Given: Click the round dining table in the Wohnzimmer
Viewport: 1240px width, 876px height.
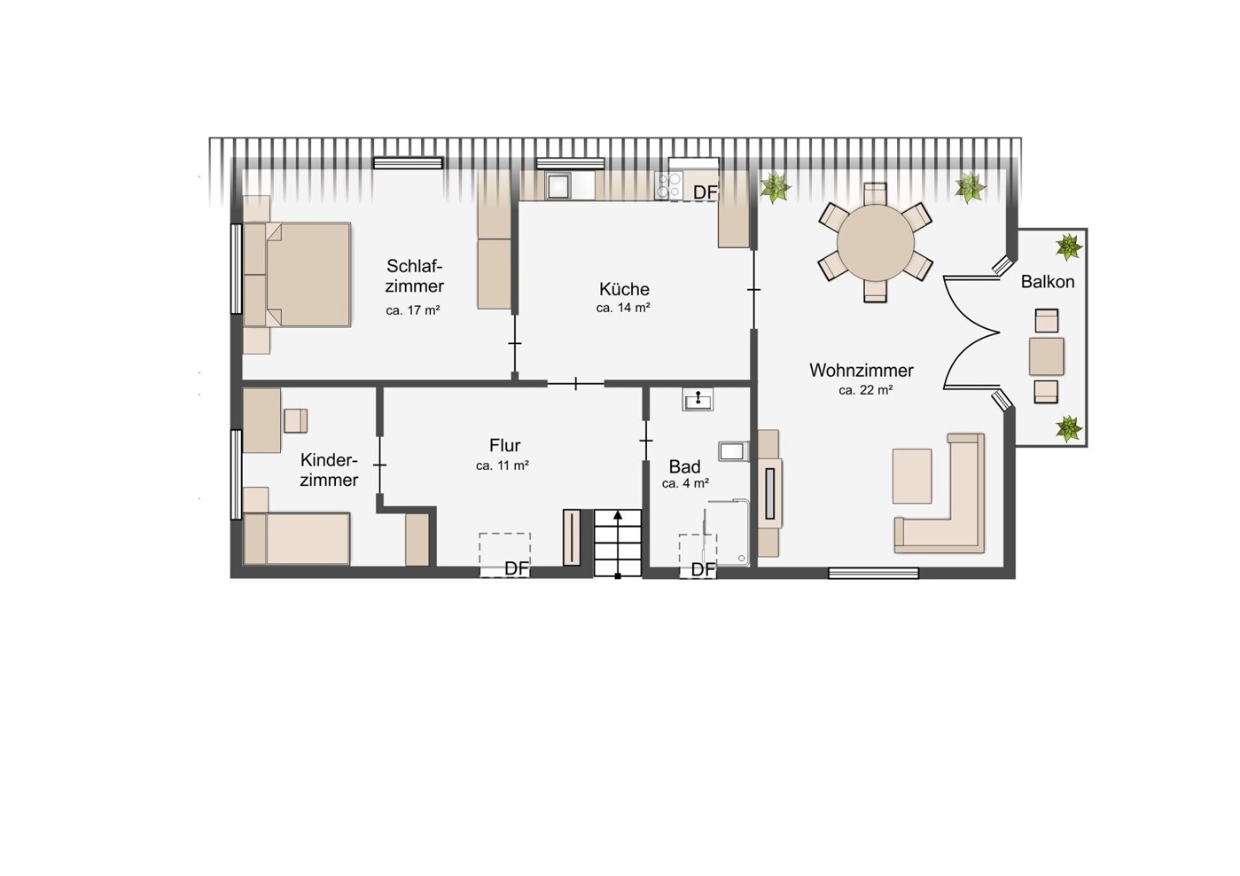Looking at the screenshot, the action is [875, 243].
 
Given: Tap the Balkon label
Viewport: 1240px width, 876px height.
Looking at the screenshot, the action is [1048, 282].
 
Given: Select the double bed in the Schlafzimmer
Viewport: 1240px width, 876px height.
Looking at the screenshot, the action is [297, 275].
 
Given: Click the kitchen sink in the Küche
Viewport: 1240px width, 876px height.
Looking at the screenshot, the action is [558, 185].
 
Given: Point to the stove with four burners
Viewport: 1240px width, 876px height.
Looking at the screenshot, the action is [668, 185].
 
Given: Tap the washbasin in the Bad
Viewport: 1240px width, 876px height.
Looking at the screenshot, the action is [698, 399].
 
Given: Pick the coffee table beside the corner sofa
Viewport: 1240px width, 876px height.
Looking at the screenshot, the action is [912, 476].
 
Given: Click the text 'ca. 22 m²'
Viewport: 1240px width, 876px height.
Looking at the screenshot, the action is [865, 390].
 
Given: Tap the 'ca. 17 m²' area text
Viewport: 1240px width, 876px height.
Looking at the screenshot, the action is [412, 310].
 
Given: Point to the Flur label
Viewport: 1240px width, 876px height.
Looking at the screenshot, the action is [505, 446].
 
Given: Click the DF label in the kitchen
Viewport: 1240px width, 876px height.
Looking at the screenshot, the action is [705, 192].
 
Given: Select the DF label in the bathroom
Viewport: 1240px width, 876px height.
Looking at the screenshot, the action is [703, 569].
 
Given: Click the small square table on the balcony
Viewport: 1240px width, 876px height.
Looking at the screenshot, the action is [1046, 356].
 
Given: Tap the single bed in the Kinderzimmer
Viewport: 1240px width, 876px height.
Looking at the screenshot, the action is [297, 539].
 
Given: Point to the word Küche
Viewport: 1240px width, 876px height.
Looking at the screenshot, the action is [624, 289].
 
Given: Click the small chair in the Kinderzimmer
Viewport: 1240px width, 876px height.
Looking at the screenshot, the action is [296, 421].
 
